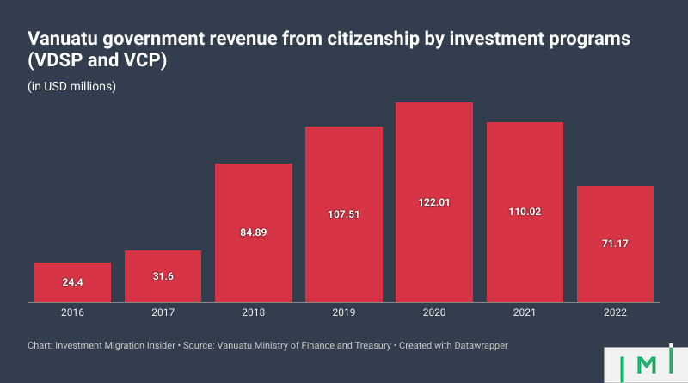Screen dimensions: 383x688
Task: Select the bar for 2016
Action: pos(72,282)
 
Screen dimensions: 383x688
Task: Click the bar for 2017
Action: pos(163,276)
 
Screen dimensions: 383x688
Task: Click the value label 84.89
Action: pos(253,232)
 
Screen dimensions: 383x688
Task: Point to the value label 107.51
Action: pos(343,214)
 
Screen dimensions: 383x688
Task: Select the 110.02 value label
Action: pos(524,212)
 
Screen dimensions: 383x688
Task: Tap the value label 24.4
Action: pos(72,282)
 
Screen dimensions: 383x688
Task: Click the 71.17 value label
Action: pos(615,244)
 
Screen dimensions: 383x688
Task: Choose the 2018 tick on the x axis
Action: pos(253,313)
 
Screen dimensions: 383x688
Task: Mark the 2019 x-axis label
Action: pos(343,313)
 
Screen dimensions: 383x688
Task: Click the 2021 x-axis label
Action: pos(524,313)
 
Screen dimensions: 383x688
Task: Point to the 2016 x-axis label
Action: pos(72,313)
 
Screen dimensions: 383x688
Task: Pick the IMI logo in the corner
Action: pos(644,365)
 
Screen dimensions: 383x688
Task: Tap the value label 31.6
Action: pos(163,276)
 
